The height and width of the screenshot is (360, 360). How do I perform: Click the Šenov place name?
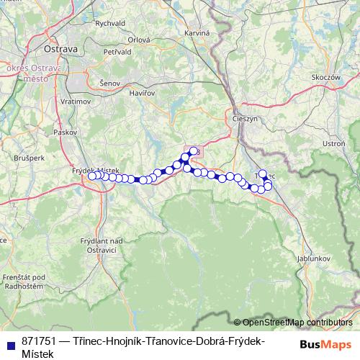click(x=110, y=84)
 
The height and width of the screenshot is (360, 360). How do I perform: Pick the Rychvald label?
click(x=110, y=23)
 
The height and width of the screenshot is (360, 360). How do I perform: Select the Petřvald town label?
click(x=117, y=52)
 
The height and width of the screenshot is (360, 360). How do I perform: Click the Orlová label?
click(x=138, y=40)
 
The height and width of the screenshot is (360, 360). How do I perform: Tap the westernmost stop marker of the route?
click(x=91, y=176)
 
